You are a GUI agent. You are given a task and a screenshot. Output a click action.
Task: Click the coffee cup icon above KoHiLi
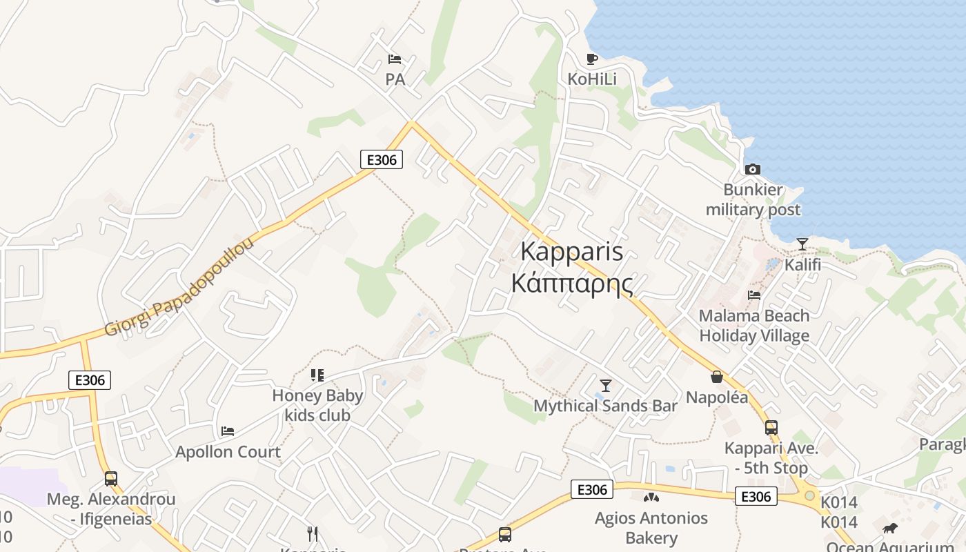(x=591, y=59)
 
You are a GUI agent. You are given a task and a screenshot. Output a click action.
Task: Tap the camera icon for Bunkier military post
(x=753, y=169)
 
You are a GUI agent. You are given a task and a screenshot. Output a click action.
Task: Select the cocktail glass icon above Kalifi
(x=802, y=244)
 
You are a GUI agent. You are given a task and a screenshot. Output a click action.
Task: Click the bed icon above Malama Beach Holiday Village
(x=754, y=295)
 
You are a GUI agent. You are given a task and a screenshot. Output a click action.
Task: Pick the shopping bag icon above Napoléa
(x=717, y=377)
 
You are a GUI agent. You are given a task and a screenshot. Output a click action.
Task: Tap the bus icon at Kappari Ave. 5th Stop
(x=771, y=428)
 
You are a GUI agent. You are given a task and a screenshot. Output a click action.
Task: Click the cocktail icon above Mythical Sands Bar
(x=606, y=385)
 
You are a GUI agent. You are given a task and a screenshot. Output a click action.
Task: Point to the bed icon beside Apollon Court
(x=228, y=431)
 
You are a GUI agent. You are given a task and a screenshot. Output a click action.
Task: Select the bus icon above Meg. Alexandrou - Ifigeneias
(x=111, y=478)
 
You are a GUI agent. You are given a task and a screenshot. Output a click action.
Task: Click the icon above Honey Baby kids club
(x=317, y=375)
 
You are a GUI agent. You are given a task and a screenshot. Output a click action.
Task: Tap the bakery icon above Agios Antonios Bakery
(x=651, y=497)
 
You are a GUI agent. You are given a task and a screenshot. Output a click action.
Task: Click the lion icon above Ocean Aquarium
(x=890, y=529)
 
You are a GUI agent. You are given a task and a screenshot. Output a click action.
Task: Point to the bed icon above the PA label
(x=395, y=59)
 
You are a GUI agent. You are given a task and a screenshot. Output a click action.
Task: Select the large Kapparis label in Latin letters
(x=572, y=252)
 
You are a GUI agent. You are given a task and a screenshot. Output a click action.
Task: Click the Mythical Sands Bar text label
(x=606, y=406)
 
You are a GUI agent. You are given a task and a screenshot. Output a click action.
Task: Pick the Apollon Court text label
(x=228, y=453)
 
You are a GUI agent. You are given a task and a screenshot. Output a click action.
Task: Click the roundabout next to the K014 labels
(x=809, y=495)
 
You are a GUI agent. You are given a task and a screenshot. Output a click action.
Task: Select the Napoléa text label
(x=717, y=397)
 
